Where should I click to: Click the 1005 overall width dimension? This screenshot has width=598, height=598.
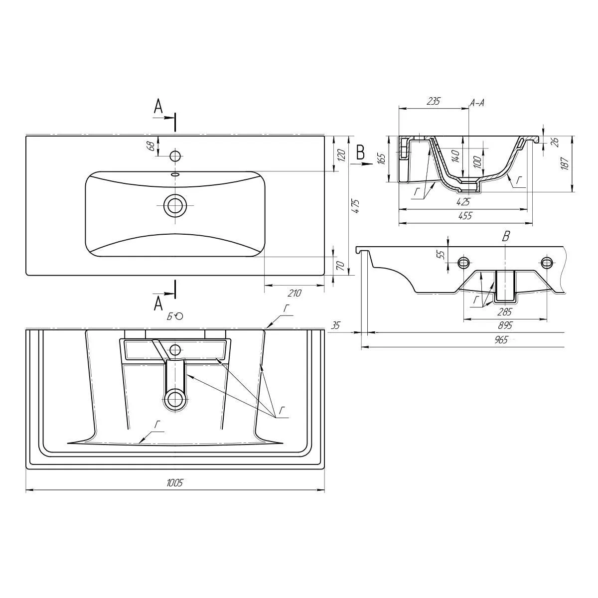coord(175,482)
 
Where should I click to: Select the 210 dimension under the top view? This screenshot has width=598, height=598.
coord(294,293)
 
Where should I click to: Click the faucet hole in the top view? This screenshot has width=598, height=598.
coord(175,155)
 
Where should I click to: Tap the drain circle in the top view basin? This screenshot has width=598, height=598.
coord(175,205)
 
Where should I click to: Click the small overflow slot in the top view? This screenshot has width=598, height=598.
coord(175,174)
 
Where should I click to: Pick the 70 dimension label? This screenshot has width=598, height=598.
coord(340,266)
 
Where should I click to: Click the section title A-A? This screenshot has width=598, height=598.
coord(477,103)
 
